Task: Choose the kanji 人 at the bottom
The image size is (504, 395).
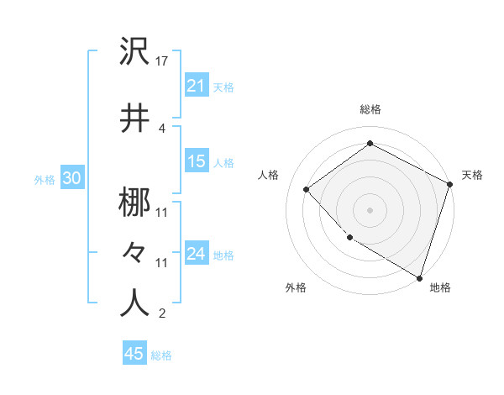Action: pyautogui.click(x=135, y=302)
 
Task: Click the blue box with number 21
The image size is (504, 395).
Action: pyautogui.click(x=196, y=86)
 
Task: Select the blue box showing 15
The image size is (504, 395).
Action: pyautogui.click(x=196, y=161)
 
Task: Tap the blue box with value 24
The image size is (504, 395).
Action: pyautogui.click(x=196, y=254)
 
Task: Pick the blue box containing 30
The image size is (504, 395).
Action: pyautogui.click(x=71, y=178)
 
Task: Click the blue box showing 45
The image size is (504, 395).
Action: pyautogui.click(x=134, y=354)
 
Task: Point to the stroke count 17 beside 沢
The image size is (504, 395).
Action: pyautogui.click(x=161, y=61)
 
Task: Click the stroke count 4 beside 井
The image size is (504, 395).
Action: pyautogui.click(x=161, y=128)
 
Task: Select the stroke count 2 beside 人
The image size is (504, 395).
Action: pyautogui.click(x=161, y=314)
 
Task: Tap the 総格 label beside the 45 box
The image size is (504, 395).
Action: pyautogui.click(x=161, y=355)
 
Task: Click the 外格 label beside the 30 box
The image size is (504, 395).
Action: pyautogui.click(x=44, y=179)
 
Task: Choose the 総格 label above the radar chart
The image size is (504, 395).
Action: pyautogui.click(x=370, y=109)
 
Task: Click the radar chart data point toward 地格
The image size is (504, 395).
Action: pyautogui.click(x=419, y=276)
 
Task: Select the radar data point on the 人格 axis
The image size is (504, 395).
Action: pyautogui.click(x=307, y=190)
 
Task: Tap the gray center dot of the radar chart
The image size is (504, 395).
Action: pyautogui.click(x=370, y=209)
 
